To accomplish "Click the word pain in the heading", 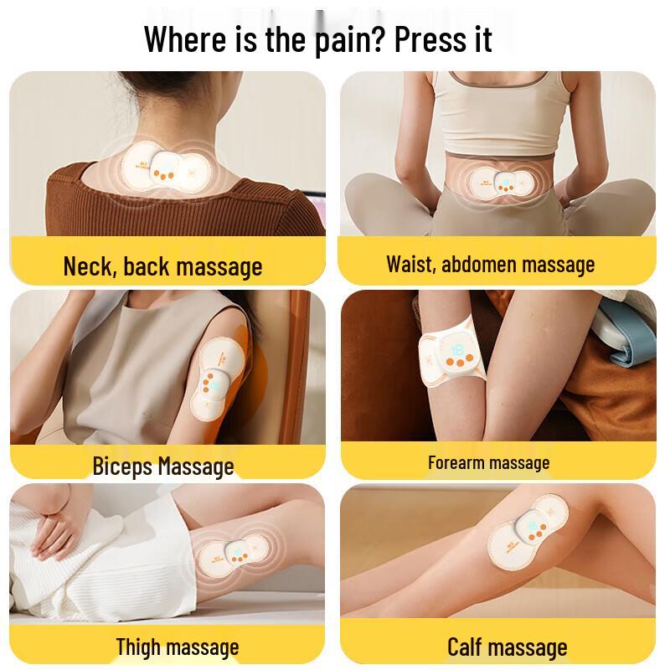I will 347,39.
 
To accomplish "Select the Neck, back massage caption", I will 162,266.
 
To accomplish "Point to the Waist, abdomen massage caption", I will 490,265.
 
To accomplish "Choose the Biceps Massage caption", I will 162,466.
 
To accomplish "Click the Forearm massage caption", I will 488,462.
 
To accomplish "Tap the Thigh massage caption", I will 177,647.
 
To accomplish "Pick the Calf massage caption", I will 507,647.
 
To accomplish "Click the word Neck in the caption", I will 89,266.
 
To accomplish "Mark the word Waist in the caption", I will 410,265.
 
